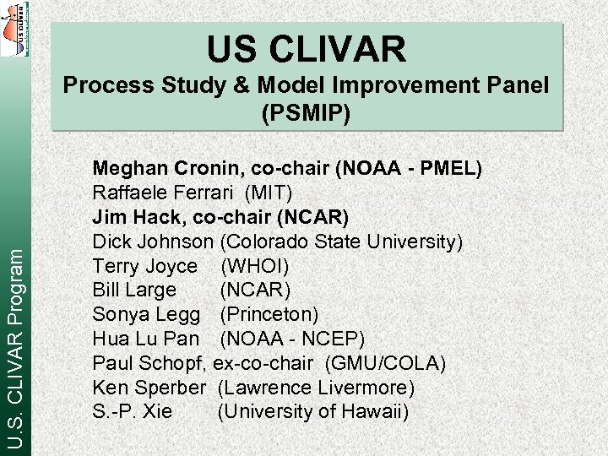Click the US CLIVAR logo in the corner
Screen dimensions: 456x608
pyautogui.click(x=14, y=30)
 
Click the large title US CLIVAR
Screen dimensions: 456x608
pyautogui.click(x=307, y=49)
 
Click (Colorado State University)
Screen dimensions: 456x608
pyautogui.click(x=341, y=242)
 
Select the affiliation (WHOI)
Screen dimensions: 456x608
pyautogui.click(x=254, y=267)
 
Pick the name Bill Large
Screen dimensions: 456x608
pyautogui.click(x=134, y=290)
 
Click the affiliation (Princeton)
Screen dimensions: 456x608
pyautogui.click(x=269, y=315)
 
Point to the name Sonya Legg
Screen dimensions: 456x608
pyautogui.click(x=146, y=315)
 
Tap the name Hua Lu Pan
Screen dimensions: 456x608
pyautogui.click(x=145, y=339)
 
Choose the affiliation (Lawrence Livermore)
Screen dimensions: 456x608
pyautogui.click(x=316, y=388)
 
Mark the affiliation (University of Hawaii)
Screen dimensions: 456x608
pyautogui.click(x=312, y=412)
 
